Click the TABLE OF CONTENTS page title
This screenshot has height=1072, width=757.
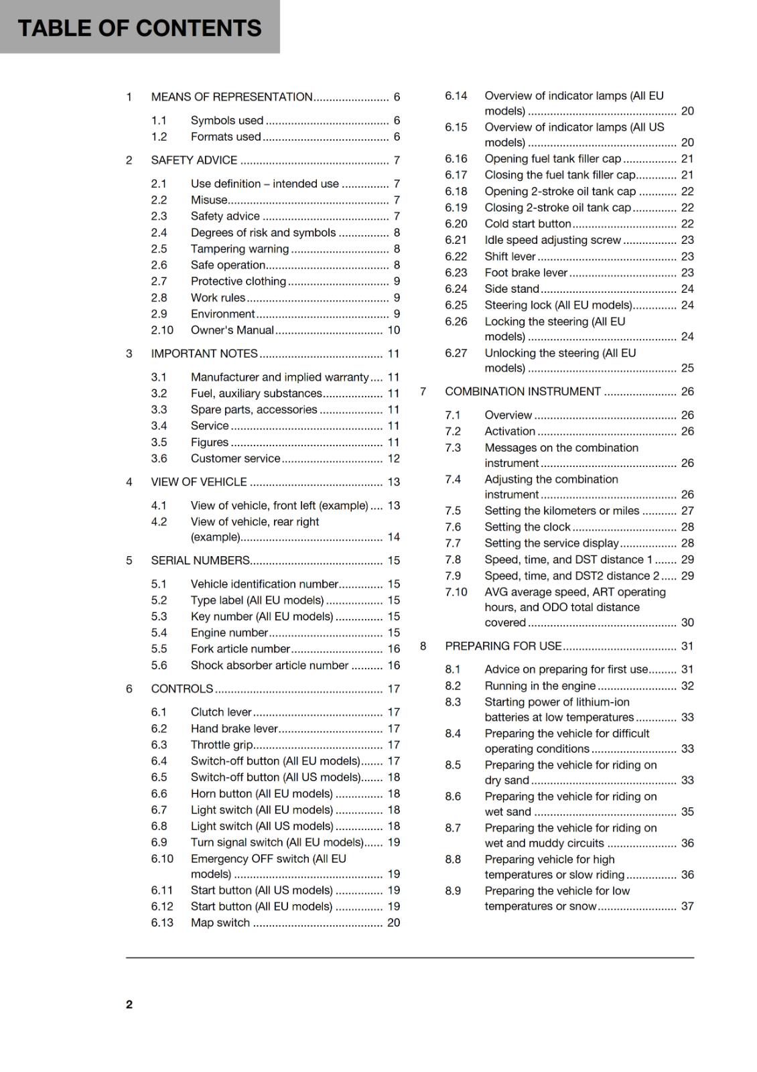(x=139, y=28)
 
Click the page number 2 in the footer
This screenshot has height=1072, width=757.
(x=129, y=1004)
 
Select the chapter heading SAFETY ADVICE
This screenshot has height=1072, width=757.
(x=194, y=160)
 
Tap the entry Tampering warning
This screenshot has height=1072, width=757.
(x=239, y=249)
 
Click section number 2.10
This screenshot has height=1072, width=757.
(x=161, y=330)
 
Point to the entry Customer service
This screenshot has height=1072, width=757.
(x=235, y=459)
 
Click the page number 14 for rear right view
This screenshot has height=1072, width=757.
(x=393, y=537)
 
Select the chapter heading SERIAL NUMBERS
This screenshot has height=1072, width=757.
(x=200, y=561)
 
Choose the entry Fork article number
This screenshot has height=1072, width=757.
(x=240, y=649)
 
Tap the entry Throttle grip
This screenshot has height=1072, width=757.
(x=222, y=745)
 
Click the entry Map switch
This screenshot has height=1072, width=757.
(x=220, y=923)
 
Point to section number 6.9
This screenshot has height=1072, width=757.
(x=159, y=843)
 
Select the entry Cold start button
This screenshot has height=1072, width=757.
(x=527, y=224)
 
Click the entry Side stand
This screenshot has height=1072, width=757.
(x=512, y=289)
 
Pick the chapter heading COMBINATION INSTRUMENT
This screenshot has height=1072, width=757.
(x=523, y=392)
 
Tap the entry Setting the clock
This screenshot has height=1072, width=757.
(x=527, y=527)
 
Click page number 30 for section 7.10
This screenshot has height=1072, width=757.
(x=687, y=623)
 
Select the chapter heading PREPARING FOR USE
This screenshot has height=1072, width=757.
(x=503, y=647)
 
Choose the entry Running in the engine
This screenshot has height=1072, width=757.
(x=540, y=686)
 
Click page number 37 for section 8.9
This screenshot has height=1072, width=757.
(x=687, y=907)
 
